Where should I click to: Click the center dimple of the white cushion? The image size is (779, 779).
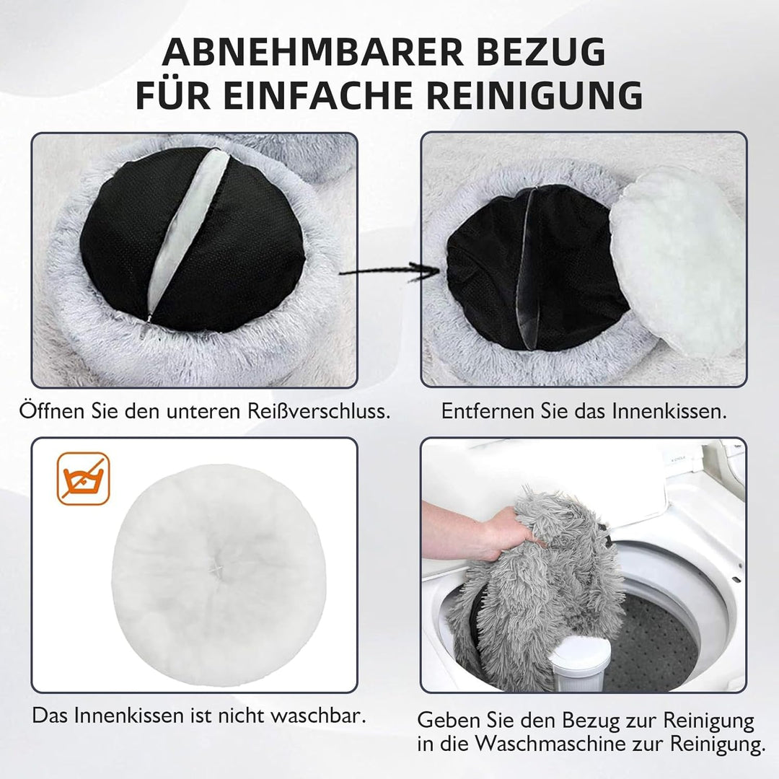(x=215, y=569)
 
